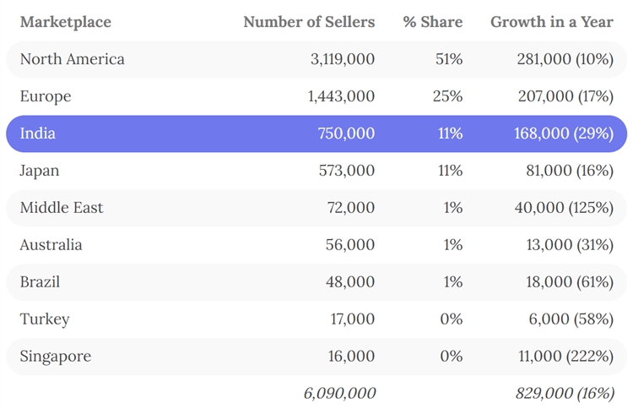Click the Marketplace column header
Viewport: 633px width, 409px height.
point(65,22)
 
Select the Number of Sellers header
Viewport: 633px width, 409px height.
point(309,22)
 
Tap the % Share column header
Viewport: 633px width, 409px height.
point(432,22)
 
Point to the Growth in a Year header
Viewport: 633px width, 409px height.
point(552,22)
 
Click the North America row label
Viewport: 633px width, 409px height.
point(72,59)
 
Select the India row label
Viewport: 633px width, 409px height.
point(38,134)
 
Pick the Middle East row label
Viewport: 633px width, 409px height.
point(62,208)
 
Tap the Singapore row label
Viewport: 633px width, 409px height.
point(55,357)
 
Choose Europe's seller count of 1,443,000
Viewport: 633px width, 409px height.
point(341,96)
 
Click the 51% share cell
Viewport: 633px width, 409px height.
point(448,59)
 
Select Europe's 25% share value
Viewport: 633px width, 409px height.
point(447,96)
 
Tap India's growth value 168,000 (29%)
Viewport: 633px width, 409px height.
point(563,134)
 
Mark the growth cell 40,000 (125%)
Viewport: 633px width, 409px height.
point(564,208)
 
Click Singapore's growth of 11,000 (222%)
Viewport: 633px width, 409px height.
point(565,357)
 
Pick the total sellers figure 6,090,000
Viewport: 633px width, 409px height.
point(339,393)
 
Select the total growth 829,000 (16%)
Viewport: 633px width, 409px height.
point(564,393)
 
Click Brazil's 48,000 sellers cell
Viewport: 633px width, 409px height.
point(350,282)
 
